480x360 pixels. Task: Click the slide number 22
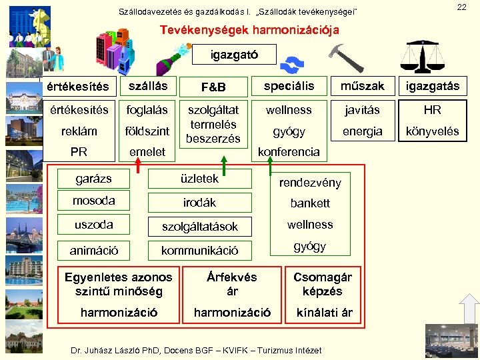click(461, 7)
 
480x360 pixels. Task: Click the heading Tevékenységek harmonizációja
click(249, 30)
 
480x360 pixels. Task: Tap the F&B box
click(213, 87)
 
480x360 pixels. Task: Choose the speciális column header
click(289, 86)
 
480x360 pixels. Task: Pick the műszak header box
click(362, 86)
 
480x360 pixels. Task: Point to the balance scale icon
click(428, 56)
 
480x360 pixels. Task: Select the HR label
click(433, 110)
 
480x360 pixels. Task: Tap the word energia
click(362, 131)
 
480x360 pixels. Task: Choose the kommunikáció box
click(199, 251)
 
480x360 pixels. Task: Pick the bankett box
click(310, 203)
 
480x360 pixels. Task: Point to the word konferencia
click(289, 152)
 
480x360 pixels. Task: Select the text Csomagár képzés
click(323, 284)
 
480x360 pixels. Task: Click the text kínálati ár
click(324, 313)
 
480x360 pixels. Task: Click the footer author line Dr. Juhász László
click(196, 350)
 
